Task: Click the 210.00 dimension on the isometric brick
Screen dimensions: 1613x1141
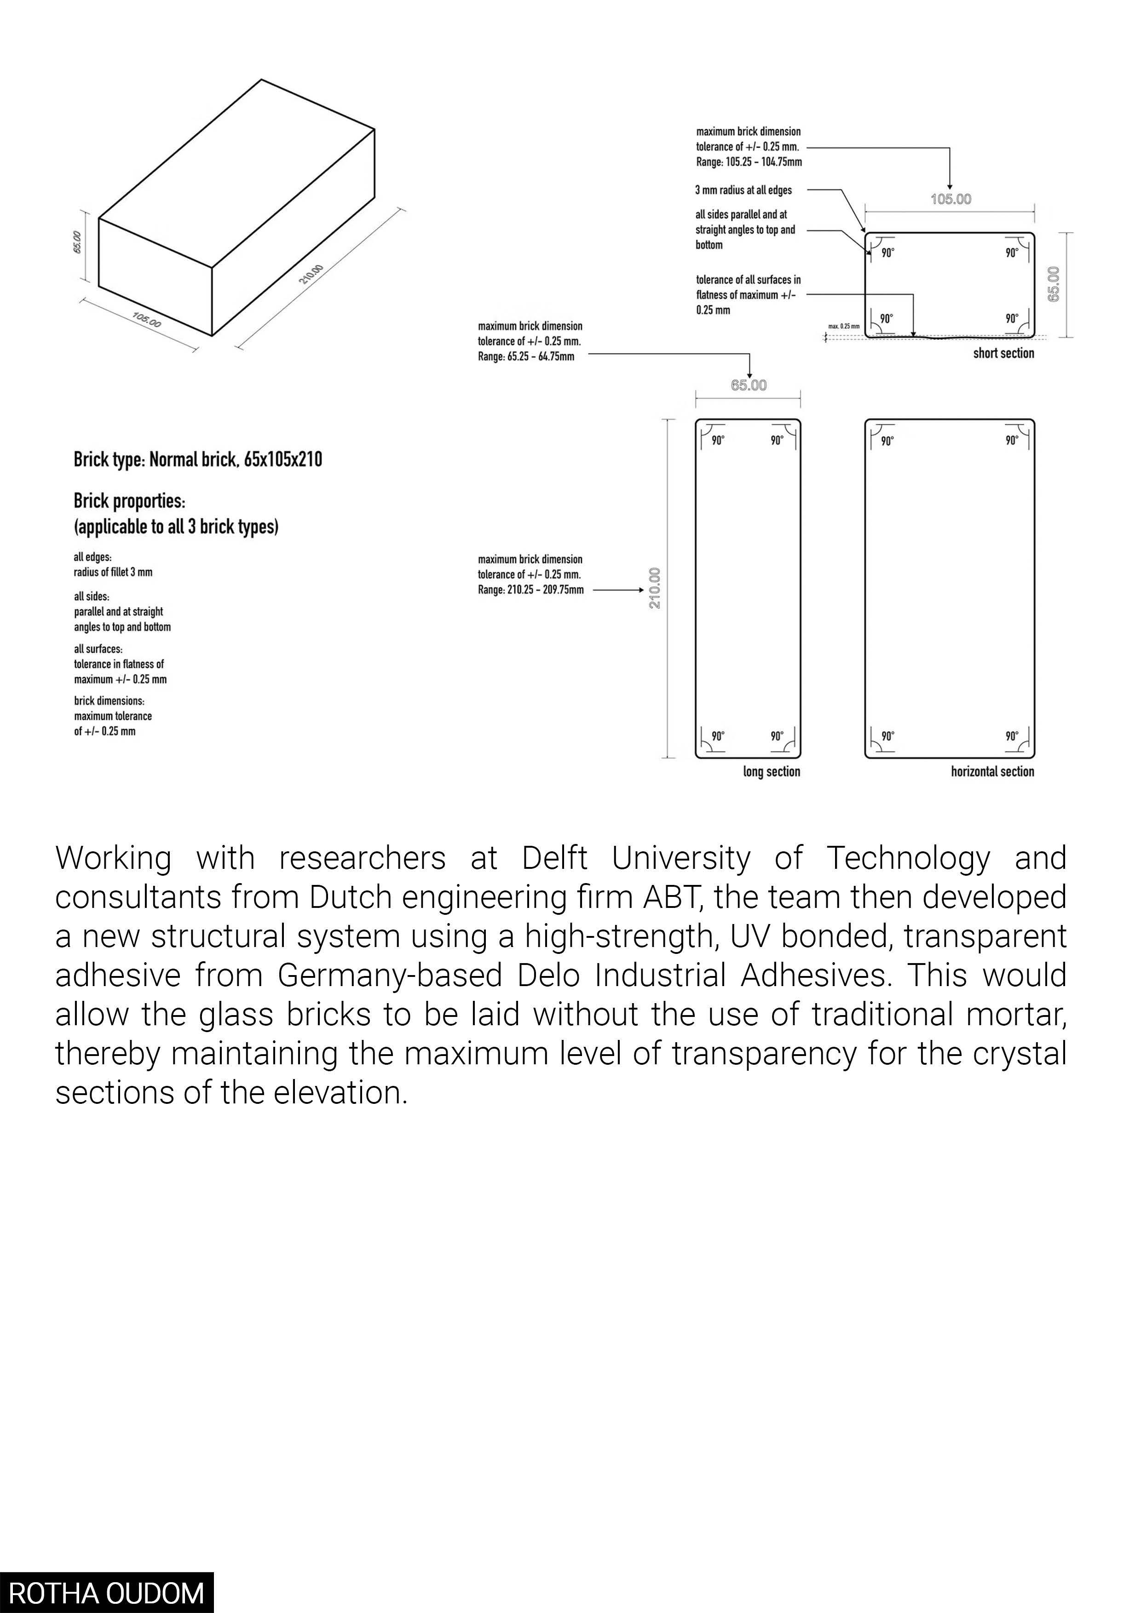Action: click(311, 274)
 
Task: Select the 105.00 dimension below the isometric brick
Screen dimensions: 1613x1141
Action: click(147, 320)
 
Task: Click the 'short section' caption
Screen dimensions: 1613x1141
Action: click(1003, 353)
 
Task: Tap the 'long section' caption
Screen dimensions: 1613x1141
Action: click(772, 771)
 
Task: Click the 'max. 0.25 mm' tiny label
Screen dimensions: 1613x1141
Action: click(843, 327)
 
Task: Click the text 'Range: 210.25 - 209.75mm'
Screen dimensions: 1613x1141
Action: click(530, 590)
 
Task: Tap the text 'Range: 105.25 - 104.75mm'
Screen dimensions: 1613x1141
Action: click(749, 162)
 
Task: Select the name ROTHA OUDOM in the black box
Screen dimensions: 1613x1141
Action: click(106, 1593)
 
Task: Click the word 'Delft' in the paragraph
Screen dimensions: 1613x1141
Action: click(554, 859)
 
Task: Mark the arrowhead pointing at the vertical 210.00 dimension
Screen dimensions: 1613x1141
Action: click(640, 590)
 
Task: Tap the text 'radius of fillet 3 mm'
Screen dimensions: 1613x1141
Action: click(113, 573)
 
